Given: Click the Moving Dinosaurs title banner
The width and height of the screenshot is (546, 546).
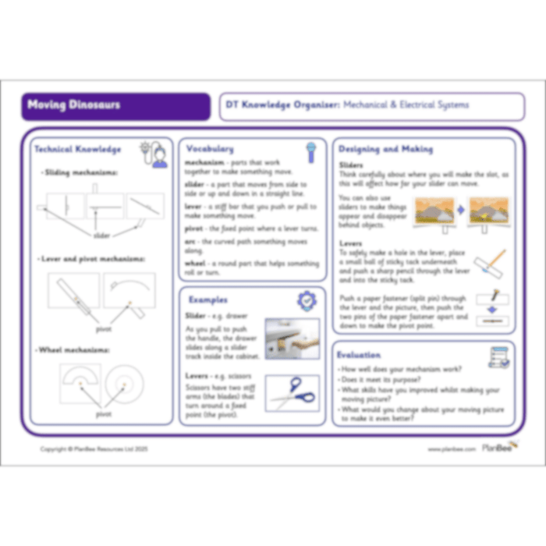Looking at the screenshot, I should [x=115, y=106].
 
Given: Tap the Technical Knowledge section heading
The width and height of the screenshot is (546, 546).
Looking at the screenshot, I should [x=77, y=149].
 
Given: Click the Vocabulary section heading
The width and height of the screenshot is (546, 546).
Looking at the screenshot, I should [x=208, y=148].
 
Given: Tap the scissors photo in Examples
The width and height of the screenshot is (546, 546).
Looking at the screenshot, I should [x=292, y=392].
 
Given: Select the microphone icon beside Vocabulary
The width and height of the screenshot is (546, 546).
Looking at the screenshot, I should [x=311, y=150].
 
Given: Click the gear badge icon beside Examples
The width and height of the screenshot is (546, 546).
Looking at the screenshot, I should [x=307, y=301].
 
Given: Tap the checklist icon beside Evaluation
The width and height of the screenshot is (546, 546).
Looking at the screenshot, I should [x=498, y=357].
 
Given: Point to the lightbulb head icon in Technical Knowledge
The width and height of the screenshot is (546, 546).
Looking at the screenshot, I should [x=154, y=154].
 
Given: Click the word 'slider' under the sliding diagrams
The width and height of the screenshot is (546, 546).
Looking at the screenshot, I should [x=102, y=235].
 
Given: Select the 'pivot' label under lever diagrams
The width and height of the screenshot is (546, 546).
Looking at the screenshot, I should [x=104, y=328].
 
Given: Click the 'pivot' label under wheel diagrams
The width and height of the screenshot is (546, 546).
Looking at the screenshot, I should [x=104, y=414].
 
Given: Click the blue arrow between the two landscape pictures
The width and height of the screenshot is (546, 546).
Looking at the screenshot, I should [x=459, y=211].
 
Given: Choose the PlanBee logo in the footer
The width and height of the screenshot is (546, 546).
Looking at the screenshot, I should [x=496, y=448].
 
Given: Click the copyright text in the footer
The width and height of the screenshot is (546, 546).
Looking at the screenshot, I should [x=94, y=449].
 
